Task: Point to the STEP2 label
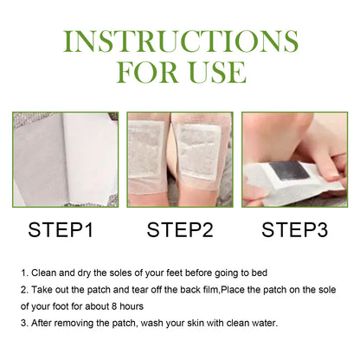180,230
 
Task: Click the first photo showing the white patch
65,159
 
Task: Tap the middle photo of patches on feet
180,159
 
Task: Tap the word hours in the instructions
150,307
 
